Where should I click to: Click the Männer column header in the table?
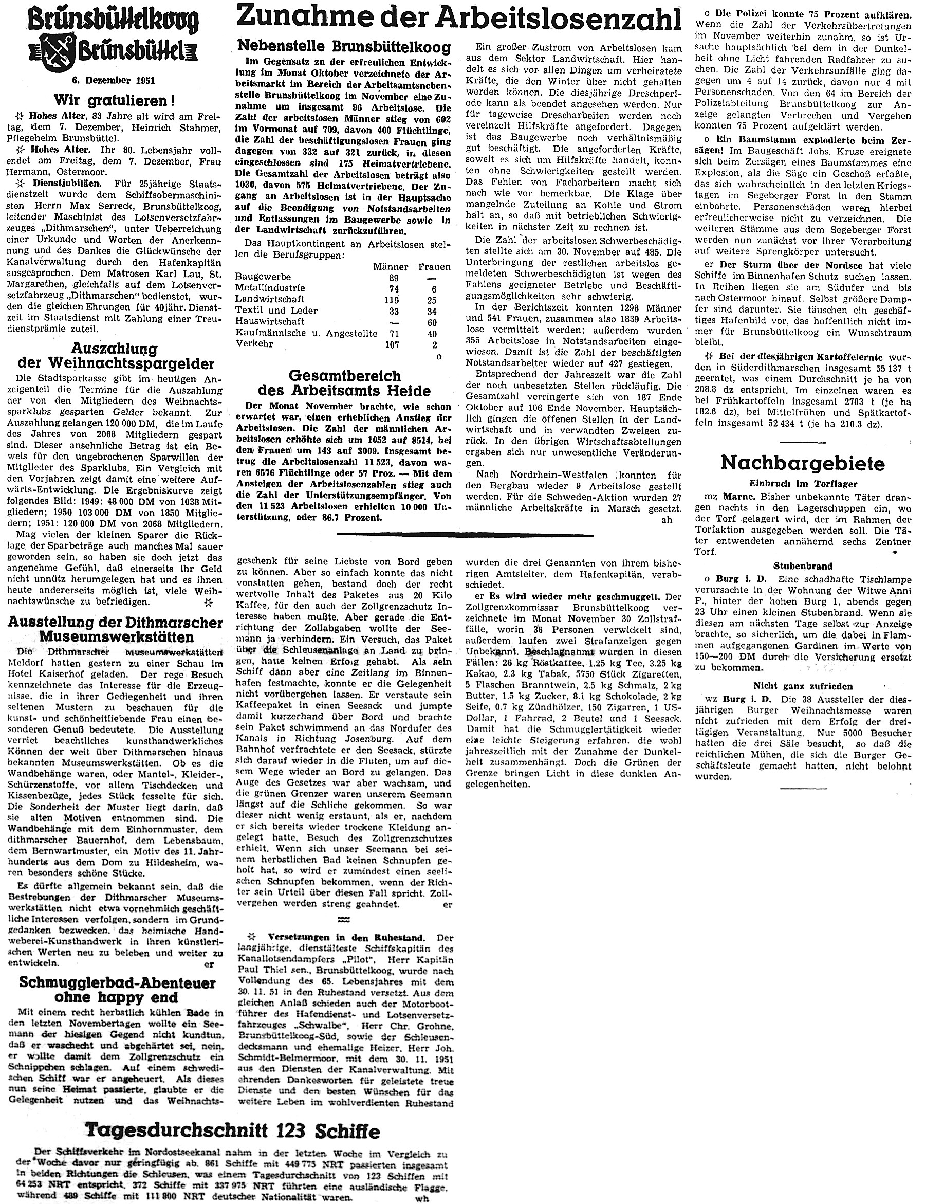[391, 267]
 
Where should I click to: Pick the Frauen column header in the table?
[434, 267]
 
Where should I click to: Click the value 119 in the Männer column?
[392, 300]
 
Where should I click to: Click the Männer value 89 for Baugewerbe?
[393, 278]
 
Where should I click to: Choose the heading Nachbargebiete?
[803, 463]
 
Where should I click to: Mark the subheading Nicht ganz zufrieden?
[803, 686]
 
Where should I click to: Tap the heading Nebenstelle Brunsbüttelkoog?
[344, 46]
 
